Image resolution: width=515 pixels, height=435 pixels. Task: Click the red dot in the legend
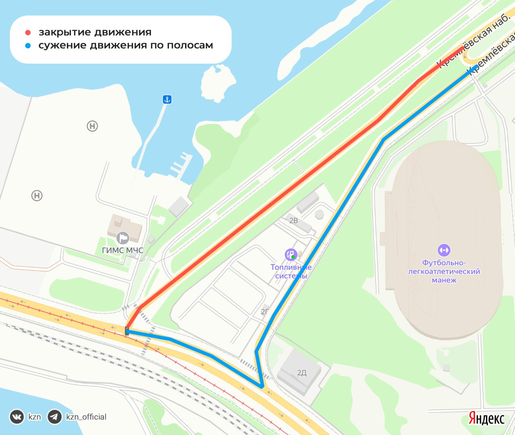[x=28, y=33]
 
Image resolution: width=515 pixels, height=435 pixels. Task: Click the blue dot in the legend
[x=28, y=46]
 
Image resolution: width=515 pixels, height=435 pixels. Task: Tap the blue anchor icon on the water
[x=167, y=99]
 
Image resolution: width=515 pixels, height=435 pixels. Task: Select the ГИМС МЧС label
[x=122, y=250]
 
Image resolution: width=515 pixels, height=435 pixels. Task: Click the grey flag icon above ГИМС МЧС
[x=122, y=238]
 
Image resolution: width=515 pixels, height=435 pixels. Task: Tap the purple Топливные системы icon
[x=290, y=254]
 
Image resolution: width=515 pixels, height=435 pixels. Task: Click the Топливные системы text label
[x=291, y=272]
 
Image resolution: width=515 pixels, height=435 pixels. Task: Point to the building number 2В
[x=294, y=221]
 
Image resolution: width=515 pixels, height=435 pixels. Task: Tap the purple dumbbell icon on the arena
[x=444, y=250]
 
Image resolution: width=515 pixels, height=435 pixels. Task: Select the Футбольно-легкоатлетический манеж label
[x=444, y=271]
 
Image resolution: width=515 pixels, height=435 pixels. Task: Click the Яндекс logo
[x=486, y=418]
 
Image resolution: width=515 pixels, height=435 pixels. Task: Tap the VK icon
[x=17, y=417]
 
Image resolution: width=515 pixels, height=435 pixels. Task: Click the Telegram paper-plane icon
[x=55, y=417]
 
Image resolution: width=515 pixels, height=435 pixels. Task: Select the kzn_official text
[x=86, y=417]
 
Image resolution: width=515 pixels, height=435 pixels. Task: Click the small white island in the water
[x=218, y=83]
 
